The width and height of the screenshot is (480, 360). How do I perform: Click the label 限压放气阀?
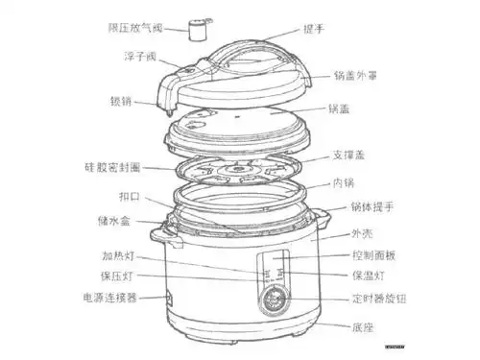point(141,29)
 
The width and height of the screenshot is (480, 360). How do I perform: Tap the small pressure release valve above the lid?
point(200,30)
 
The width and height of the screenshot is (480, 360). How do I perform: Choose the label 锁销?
point(118,100)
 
